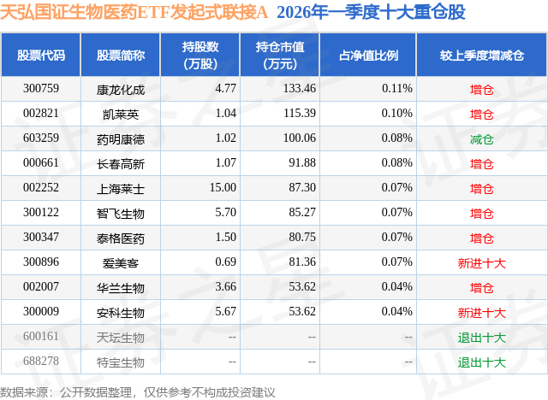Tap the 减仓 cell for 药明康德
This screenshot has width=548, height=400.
[482, 138]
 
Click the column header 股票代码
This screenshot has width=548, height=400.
[40, 56]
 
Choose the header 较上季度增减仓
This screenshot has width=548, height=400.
[482, 56]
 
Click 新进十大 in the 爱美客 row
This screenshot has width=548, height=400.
[482, 263]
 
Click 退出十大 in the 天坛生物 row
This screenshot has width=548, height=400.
[482, 338]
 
